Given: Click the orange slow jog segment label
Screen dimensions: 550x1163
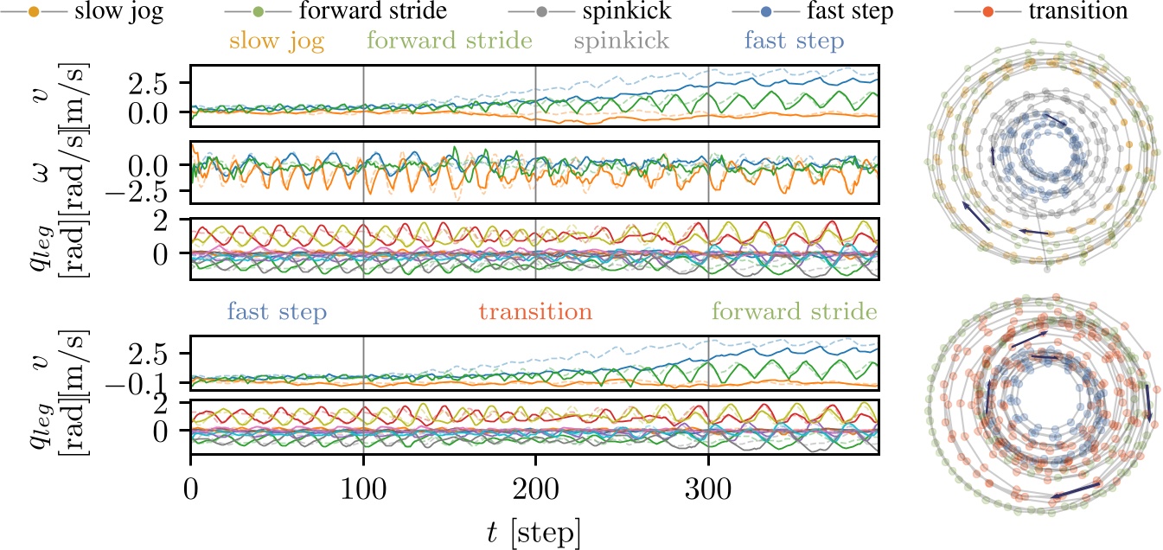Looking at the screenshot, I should (278, 42).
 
